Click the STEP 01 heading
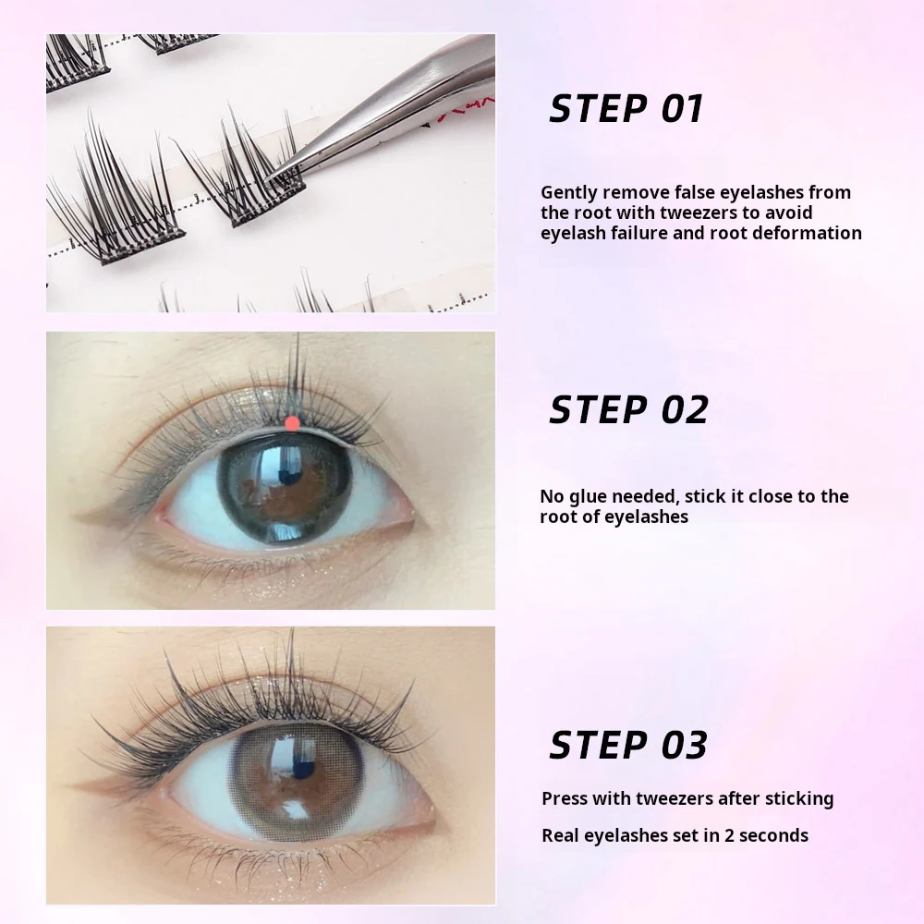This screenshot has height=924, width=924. [x=626, y=108]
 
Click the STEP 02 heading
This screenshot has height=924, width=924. [x=628, y=409]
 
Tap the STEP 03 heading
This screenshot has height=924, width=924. [x=628, y=744]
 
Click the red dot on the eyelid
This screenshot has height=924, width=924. [x=292, y=423]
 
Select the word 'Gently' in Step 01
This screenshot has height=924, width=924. [x=568, y=192]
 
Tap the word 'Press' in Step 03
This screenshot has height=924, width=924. [x=564, y=798]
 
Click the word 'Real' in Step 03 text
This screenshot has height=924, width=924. [x=561, y=835]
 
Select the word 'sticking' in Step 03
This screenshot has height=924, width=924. [x=796, y=798]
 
